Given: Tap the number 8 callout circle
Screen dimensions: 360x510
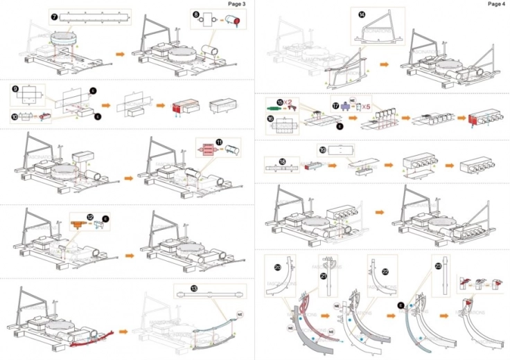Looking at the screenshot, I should (x=196, y=14).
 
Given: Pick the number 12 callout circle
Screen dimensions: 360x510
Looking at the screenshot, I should (x=90, y=218).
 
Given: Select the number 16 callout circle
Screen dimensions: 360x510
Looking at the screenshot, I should (x=271, y=118).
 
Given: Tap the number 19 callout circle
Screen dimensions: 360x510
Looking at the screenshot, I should (x=323, y=148).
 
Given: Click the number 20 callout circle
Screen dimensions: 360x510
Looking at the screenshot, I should (x=277, y=267).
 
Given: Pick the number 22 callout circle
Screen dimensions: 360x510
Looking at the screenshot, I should (x=385, y=271).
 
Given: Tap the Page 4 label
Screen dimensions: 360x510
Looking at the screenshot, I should (x=496, y=3).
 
